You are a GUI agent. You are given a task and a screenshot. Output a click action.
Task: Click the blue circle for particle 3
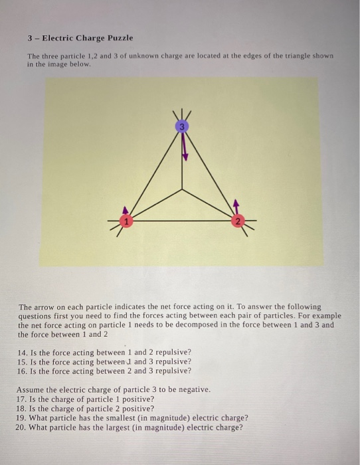[183, 126]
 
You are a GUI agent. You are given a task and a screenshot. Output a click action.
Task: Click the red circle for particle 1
[124, 220]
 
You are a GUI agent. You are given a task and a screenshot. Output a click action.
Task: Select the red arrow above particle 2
[235, 203]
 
